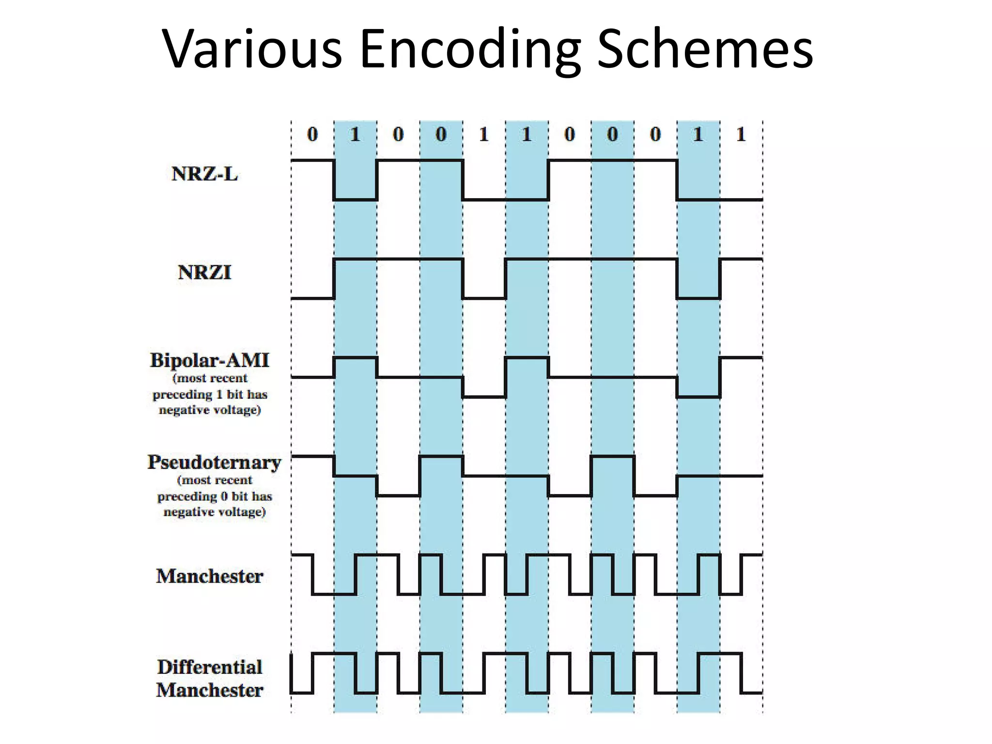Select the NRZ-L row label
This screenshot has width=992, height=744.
[x=204, y=174]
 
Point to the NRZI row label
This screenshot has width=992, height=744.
[x=204, y=272]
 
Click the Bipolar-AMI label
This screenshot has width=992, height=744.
[x=209, y=360]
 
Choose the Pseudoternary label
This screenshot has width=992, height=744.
[x=214, y=462]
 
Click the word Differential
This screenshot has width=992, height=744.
[x=209, y=667]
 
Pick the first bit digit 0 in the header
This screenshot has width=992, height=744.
[x=312, y=134]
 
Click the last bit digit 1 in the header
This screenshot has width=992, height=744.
[x=741, y=134]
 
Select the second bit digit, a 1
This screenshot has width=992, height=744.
[x=355, y=134]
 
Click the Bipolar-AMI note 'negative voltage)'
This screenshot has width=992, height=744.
[x=210, y=410]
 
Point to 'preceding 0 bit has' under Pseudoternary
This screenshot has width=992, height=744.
[x=215, y=496]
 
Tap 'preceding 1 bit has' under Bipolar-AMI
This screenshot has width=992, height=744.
[x=210, y=394]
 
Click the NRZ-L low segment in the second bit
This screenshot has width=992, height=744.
[x=356, y=199]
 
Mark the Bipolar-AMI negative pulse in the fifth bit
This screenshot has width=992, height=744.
[x=484, y=397]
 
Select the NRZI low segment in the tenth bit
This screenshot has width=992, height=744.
[x=698, y=298]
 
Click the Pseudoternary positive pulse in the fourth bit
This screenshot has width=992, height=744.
[x=441, y=456]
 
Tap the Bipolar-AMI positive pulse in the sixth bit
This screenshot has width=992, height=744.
[x=527, y=357]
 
